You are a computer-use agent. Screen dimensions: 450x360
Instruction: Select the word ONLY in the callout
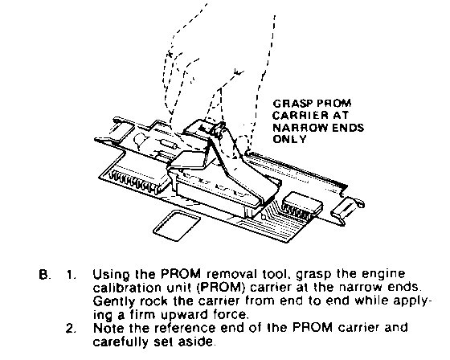[x=289, y=140]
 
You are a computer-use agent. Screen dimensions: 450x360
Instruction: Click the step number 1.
[x=71, y=275]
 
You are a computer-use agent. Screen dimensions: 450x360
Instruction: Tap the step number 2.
[x=71, y=329]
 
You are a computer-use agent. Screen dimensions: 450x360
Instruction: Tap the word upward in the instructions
[x=185, y=315]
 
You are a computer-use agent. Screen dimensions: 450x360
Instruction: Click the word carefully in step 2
[x=121, y=342]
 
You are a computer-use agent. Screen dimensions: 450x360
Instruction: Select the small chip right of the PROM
[x=301, y=206]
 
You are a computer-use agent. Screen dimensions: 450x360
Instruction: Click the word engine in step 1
[x=385, y=275]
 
